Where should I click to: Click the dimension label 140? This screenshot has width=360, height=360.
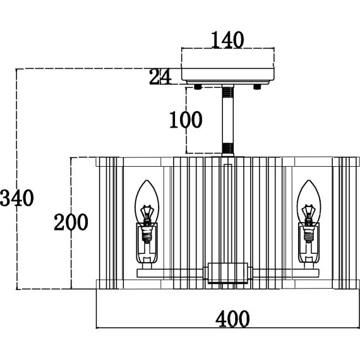[227, 40]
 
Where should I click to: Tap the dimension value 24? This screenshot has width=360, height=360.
[160, 76]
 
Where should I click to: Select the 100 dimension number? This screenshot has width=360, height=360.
[186, 119]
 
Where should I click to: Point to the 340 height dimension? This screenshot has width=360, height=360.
[17, 198]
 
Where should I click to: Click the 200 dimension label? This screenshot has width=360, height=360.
[71, 222]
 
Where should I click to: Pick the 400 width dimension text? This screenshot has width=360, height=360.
[232, 319]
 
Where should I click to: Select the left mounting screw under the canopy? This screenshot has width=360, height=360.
[198, 87]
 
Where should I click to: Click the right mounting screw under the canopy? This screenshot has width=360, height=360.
[257, 87]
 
